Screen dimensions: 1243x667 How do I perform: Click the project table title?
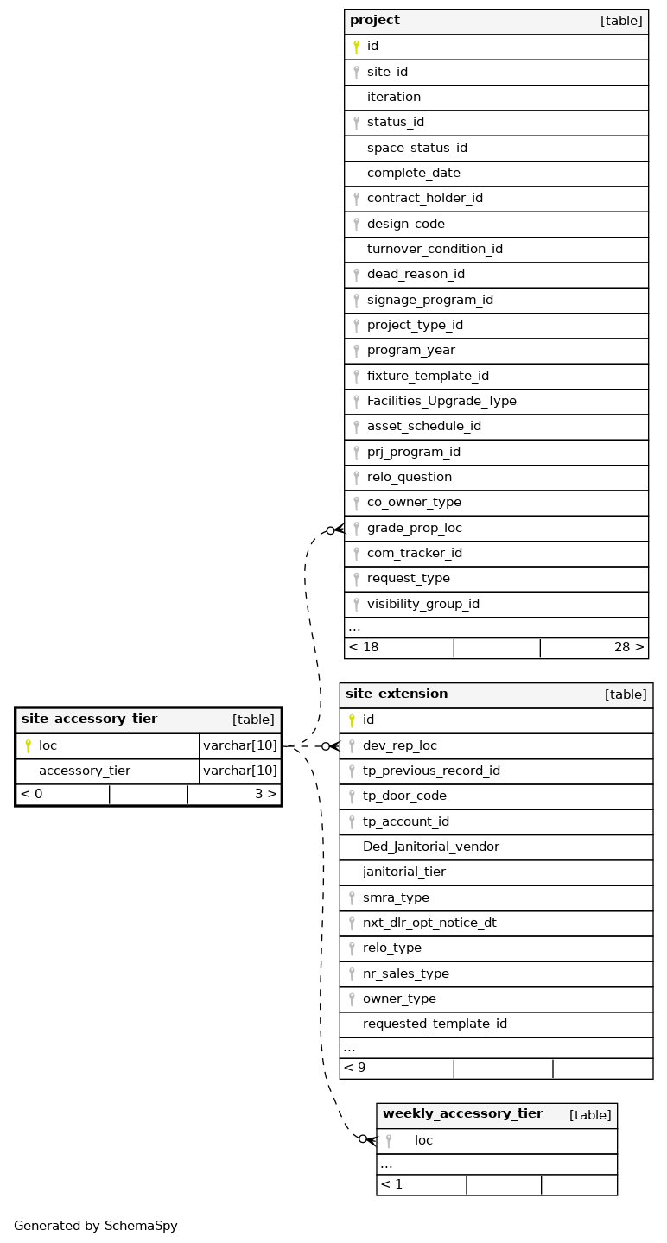click(375, 21)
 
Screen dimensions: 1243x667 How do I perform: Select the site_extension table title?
click(397, 694)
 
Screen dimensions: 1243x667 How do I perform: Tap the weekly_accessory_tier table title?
click(462, 1114)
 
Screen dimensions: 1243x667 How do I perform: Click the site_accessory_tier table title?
click(89, 719)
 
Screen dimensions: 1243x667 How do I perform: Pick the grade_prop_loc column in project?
click(414, 528)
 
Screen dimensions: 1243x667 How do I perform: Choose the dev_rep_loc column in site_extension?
click(399, 745)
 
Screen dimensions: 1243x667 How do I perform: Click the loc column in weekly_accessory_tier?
click(423, 1141)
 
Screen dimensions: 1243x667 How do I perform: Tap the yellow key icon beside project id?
click(356, 47)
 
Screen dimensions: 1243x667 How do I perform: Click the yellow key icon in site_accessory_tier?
click(28, 745)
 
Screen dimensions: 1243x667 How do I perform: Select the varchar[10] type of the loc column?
click(240, 745)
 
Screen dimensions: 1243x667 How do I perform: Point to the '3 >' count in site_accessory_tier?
click(265, 794)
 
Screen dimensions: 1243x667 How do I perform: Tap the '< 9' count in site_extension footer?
click(354, 1068)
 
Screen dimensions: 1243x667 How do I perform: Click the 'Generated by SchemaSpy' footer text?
click(95, 1226)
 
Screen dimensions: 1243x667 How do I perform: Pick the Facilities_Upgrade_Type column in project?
click(441, 401)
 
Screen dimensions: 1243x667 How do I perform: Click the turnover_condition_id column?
click(435, 249)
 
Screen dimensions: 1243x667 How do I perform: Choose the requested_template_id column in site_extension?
click(435, 1024)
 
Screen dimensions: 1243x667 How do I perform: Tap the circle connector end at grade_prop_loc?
click(331, 530)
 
